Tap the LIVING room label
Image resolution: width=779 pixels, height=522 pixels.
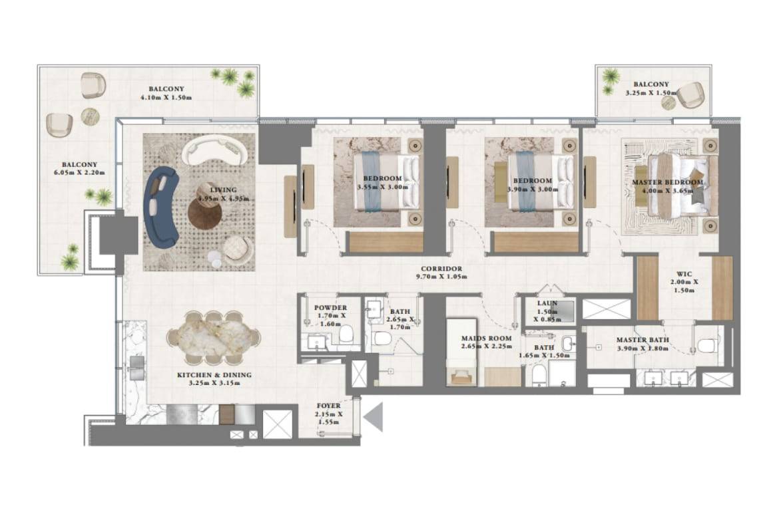(x=223, y=190)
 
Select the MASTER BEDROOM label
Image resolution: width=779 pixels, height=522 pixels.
(x=667, y=182)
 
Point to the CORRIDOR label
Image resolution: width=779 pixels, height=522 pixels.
(x=441, y=269)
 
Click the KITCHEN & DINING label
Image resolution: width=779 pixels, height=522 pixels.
(x=214, y=374)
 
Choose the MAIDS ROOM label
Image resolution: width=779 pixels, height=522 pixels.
(x=487, y=338)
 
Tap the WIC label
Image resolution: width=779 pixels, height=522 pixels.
(x=684, y=274)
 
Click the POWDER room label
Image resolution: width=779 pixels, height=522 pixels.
(x=330, y=308)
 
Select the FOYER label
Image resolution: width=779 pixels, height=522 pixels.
(x=328, y=406)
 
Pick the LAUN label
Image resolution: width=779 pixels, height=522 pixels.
(x=547, y=303)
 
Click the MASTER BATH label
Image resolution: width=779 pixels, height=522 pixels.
(x=643, y=340)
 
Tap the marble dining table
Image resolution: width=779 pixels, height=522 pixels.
(x=214, y=337)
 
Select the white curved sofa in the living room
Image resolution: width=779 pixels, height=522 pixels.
(x=214, y=152)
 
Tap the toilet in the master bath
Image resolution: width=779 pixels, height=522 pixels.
(x=708, y=344)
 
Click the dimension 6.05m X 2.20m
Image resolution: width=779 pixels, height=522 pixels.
(x=79, y=173)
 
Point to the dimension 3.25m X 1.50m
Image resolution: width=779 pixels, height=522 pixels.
(x=650, y=93)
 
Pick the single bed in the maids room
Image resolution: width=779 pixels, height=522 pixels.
(x=461, y=353)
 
